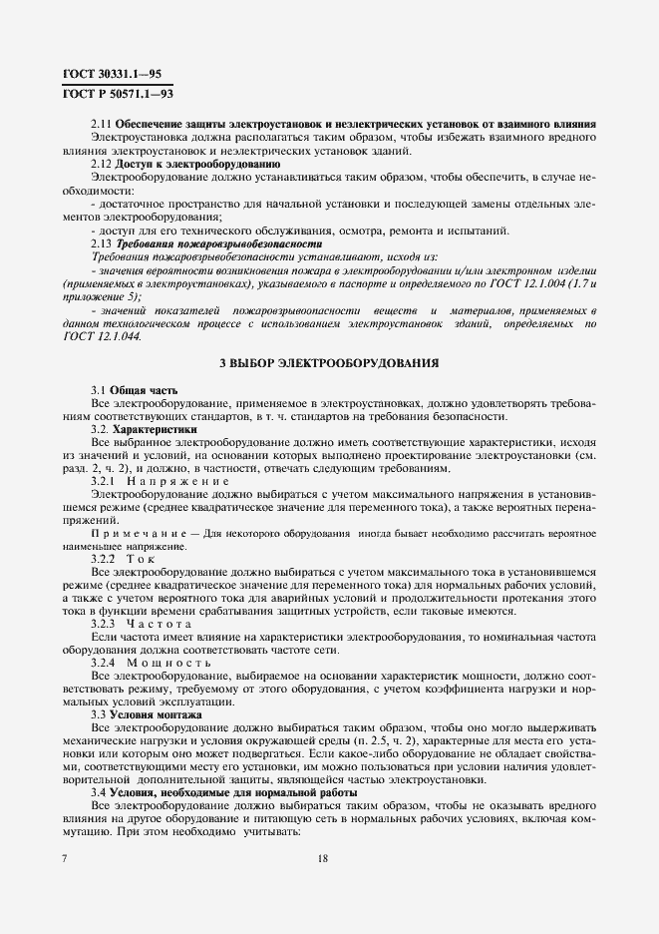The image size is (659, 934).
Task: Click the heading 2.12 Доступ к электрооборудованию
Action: pyautogui.click(x=184, y=163)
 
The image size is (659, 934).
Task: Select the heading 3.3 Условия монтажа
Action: pyautogui.click(x=146, y=715)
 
